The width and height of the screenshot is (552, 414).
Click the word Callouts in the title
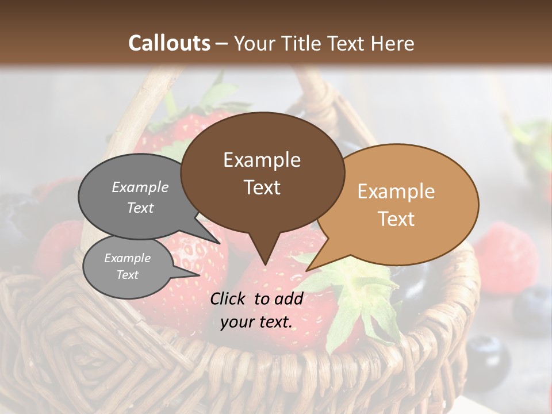pos(169,43)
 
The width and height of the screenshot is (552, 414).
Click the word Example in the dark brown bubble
pos(262,160)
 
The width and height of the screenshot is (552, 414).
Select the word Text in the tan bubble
pos(396,219)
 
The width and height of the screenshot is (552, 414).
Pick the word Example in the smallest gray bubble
pos(127,258)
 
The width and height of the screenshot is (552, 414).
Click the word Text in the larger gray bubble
pos(140,208)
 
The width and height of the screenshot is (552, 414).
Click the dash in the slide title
pos(222,44)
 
